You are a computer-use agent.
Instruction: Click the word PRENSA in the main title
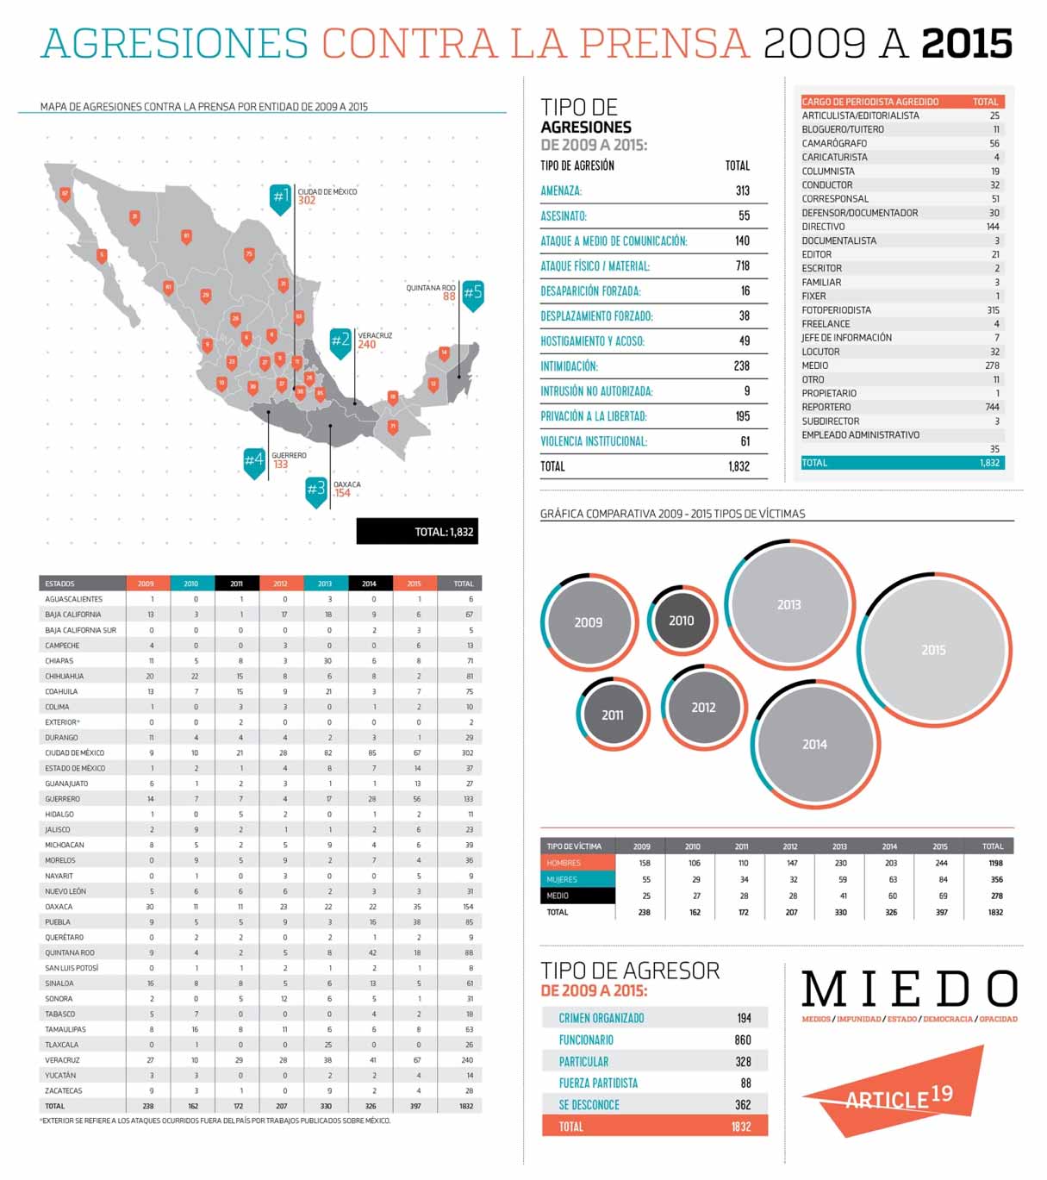pos(664,43)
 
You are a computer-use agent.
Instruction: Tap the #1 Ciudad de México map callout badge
pos(280,197)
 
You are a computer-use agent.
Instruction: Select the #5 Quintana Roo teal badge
pos(472,293)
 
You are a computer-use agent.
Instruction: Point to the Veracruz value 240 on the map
pos(367,345)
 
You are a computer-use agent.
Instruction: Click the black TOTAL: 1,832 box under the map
pos(417,532)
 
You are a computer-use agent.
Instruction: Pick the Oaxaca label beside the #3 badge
pos(347,484)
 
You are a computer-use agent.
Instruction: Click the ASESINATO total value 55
pos(744,215)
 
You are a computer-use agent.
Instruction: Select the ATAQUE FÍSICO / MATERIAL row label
pos(595,266)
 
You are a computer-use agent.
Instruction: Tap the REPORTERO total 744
pos(992,407)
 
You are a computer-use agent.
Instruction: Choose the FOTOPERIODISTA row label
pos(836,310)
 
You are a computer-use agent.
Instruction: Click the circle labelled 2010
pos(681,621)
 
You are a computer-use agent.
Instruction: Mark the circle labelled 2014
pos(814,744)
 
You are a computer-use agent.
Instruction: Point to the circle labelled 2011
pos(612,715)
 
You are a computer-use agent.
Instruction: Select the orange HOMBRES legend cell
pos(577,863)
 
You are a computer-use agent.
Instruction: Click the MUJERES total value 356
pos(996,880)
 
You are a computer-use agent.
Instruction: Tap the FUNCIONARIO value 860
pos(742,1040)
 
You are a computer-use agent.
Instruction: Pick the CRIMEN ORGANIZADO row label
pos(601,1019)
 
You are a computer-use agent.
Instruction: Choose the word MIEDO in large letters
pos(909,990)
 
